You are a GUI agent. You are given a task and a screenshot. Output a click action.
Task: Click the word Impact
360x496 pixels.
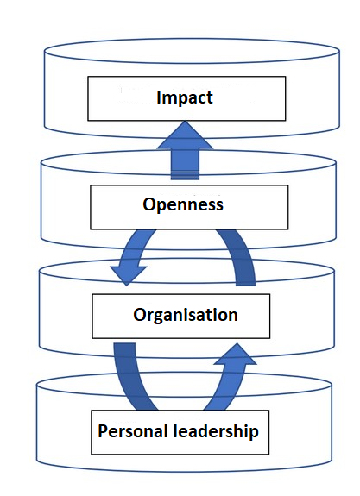[185, 97]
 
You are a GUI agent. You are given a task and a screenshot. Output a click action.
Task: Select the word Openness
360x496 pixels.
[183, 205]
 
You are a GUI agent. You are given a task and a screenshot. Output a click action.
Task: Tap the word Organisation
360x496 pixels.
[186, 316]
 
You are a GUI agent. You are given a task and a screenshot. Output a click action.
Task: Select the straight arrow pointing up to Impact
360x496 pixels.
[185, 151]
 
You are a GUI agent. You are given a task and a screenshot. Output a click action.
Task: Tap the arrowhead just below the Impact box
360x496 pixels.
[185, 135]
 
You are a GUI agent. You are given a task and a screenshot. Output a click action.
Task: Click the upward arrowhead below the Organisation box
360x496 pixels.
[236, 354]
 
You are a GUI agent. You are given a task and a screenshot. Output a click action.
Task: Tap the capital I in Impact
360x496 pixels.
[159, 97]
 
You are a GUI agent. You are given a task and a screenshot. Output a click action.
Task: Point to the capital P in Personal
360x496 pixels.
[102, 430]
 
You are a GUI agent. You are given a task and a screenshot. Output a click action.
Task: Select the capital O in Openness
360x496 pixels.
[148, 204]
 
